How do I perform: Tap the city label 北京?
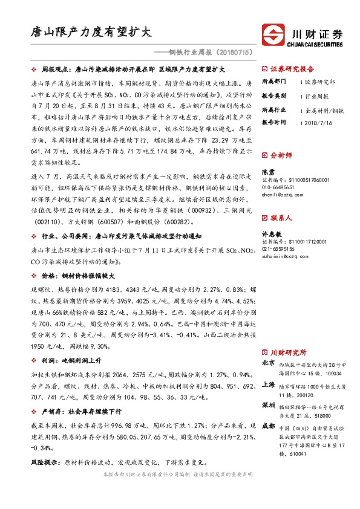pos(269,363)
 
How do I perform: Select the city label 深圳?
pos(269,404)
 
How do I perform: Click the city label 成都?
pos(269,426)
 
